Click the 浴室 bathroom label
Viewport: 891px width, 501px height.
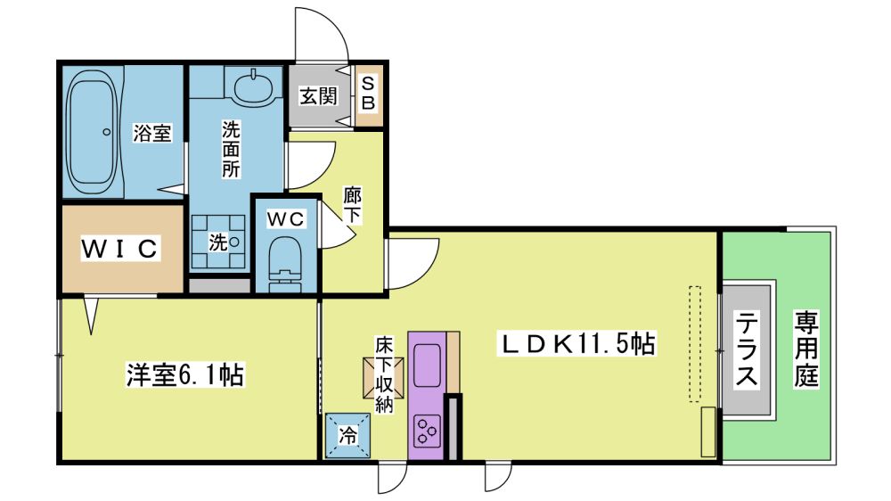pos(151,133)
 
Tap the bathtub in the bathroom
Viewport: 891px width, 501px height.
pos(92,132)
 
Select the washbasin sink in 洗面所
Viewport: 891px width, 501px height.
pos(252,86)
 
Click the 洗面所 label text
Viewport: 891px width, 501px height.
pos(231,149)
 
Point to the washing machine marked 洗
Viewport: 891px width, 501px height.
pos(219,242)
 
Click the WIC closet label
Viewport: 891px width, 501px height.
pos(120,249)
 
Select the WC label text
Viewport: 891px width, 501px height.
pos(286,219)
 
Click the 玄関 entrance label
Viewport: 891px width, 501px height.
pos(318,95)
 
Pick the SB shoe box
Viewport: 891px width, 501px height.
pos(368,94)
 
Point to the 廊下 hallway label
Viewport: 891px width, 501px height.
pos(352,205)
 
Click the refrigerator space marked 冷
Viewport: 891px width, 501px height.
pos(347,436)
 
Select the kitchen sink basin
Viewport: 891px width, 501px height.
pos(428,365)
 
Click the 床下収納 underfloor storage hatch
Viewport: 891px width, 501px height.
pos(383,377)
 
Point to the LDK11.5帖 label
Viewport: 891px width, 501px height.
pos(576,343)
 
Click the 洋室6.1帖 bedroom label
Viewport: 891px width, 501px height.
pos(184,376)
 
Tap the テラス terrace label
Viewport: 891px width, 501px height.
pos(747,349)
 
